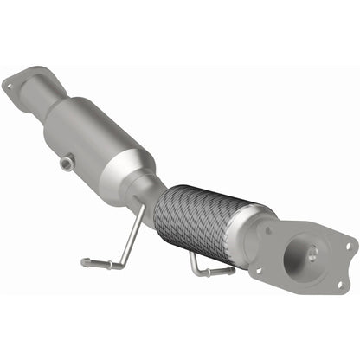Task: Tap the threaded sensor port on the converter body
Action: click(x=66, y=162)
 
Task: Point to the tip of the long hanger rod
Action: click(x=85, y=262)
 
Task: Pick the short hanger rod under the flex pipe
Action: click(x=206, y=270)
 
